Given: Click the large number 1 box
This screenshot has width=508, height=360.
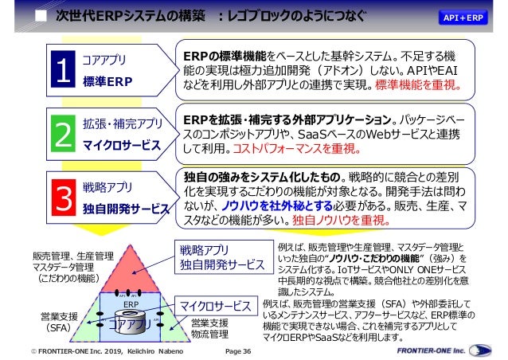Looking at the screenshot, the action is (x=63, y=70).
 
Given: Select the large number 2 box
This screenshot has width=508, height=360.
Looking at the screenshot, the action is (x=63, y=135).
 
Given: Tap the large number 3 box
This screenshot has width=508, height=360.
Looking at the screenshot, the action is (x=63, y=198).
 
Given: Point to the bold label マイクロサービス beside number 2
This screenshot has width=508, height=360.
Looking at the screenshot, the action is (x=121, y=146).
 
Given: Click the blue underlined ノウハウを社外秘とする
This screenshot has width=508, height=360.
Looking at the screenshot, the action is (x=287, y=206).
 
